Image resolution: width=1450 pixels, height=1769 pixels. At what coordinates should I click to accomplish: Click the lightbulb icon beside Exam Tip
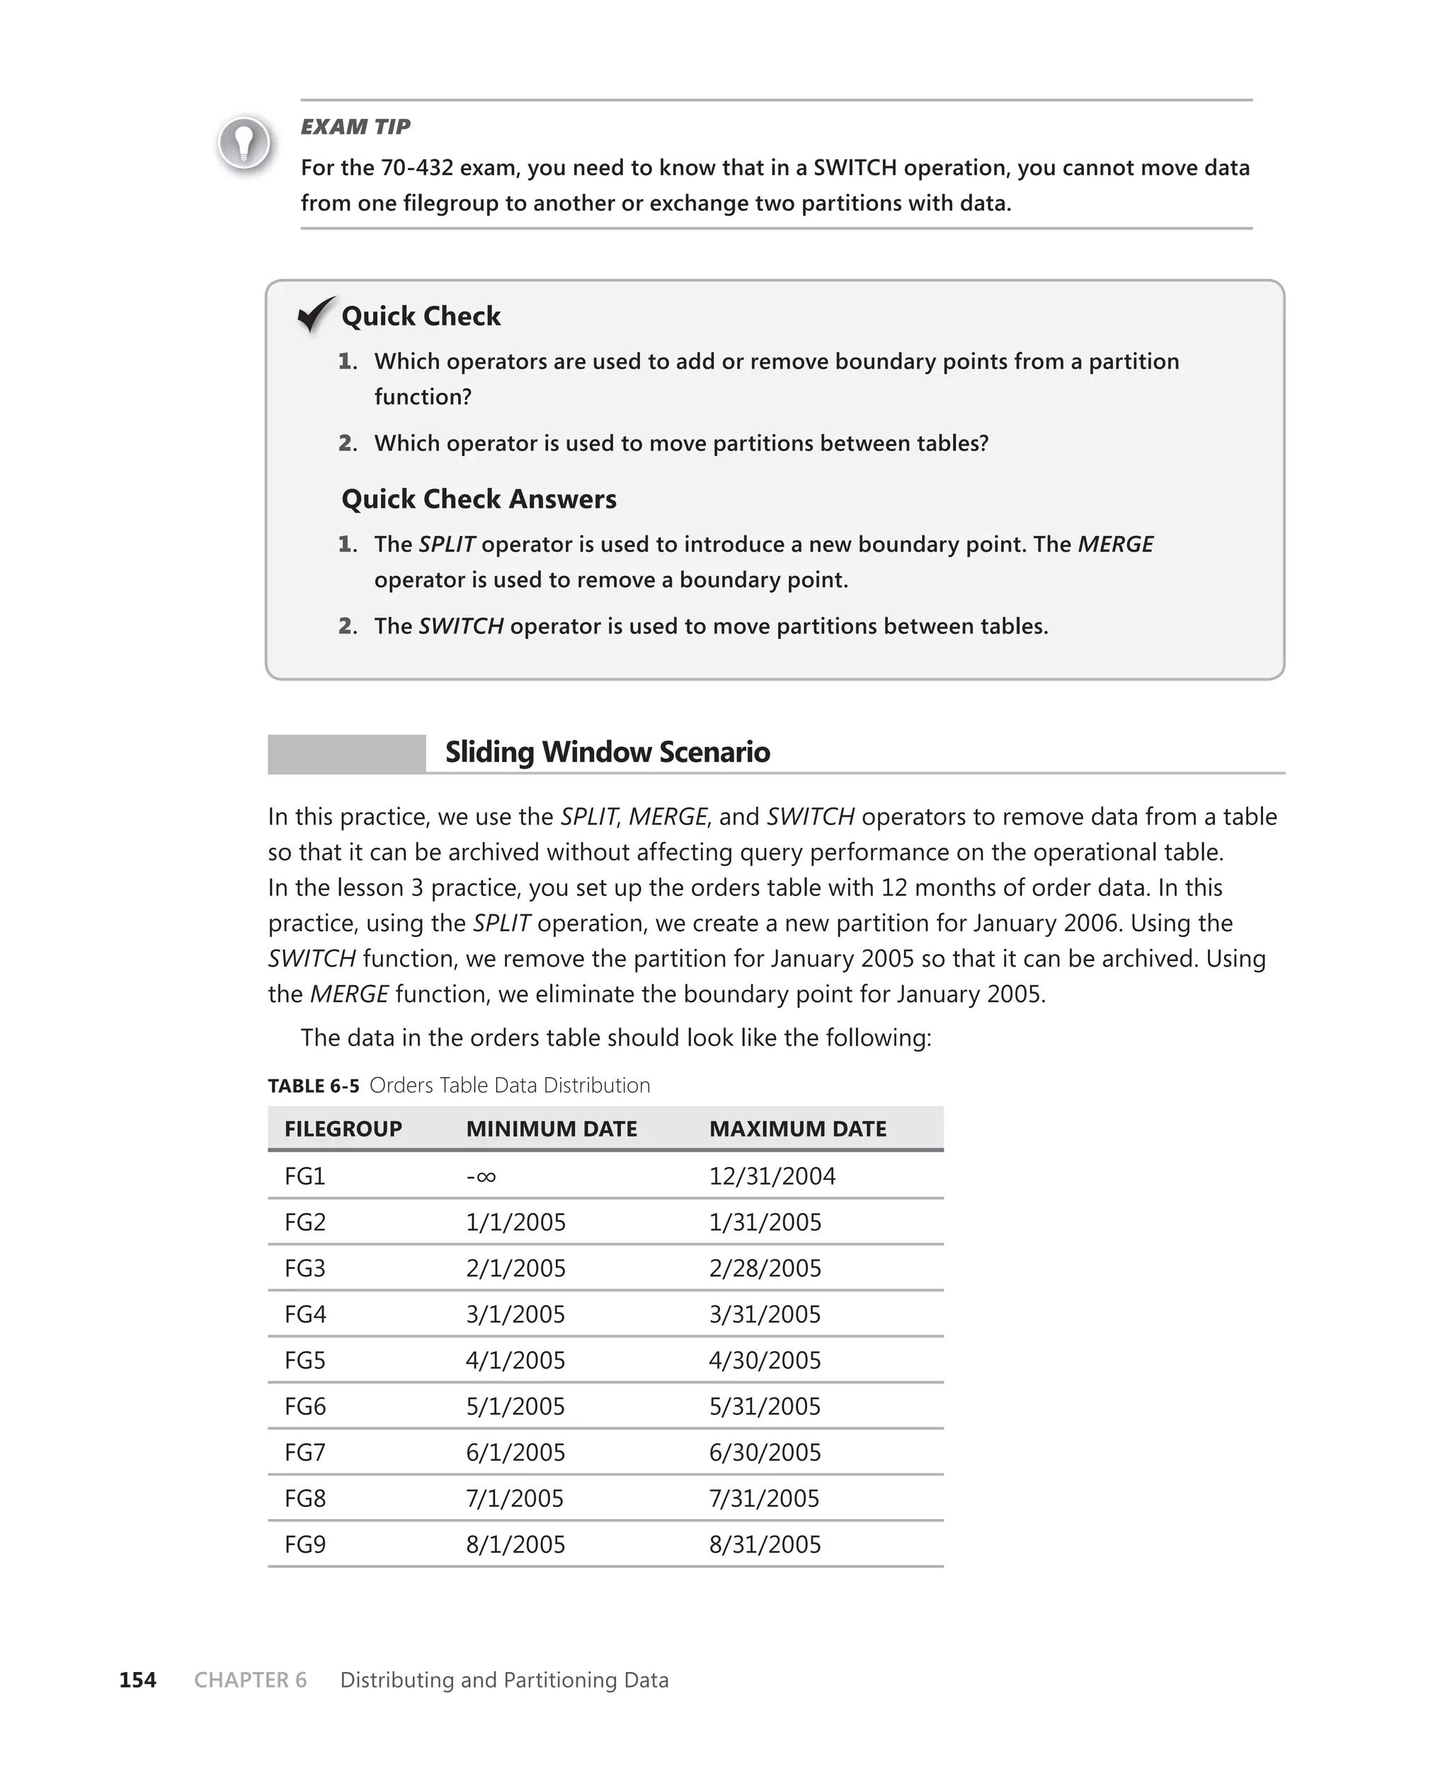[x=244, y=144]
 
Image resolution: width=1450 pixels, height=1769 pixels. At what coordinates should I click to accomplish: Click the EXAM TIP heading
[x=355, y=127]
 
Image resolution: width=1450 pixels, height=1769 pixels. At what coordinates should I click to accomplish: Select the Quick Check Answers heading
[x=479, y=499]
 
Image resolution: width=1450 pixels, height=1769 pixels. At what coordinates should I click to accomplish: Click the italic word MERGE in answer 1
[x=1115, y=545]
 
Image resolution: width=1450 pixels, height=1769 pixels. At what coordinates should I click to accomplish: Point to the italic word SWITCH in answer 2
[x=460, y=627]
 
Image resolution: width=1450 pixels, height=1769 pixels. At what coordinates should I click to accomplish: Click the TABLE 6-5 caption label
[x=313, y=1086]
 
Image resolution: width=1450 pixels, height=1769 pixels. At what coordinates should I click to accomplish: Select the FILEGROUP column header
[x=343, y=1130]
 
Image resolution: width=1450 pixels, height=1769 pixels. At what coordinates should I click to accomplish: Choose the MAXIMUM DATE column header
[x=798, y=1130]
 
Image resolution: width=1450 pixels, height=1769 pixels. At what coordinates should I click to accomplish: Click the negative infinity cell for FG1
[x=481, y=1177]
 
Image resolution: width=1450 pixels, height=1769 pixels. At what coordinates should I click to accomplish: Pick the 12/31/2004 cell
[x=772, y=1177]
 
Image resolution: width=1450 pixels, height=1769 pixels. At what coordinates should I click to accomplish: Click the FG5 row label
[x=305, y=1360]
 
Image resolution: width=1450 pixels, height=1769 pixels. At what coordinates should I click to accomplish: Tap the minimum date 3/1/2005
[x=515, y=1314]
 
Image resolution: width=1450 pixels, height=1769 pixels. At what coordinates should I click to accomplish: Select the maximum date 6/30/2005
[x=764, y=1452]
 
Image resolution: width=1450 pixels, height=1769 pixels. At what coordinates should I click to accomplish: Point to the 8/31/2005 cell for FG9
[x=764, y=1545]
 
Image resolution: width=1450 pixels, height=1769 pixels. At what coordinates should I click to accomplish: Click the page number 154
[x=138, y=1680]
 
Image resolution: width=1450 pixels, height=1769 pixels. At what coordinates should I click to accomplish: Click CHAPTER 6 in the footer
[x=251, y=1680]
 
